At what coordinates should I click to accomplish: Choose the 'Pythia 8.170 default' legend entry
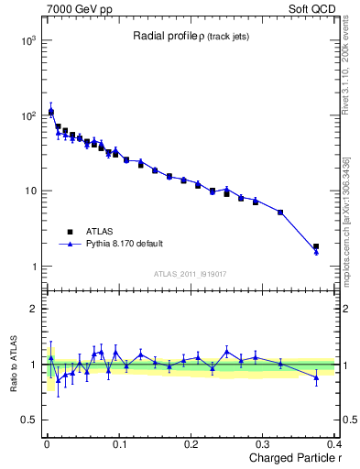coord(123,244)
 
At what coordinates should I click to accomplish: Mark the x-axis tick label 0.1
coord(119,443)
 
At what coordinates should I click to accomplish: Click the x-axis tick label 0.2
coord(191,443)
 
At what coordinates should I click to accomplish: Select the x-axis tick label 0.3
coord(265,443)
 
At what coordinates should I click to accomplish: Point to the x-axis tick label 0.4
coord(334,443)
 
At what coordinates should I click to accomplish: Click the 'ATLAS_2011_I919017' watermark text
coord(191,274)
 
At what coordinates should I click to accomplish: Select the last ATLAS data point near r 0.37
coord(316,246)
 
